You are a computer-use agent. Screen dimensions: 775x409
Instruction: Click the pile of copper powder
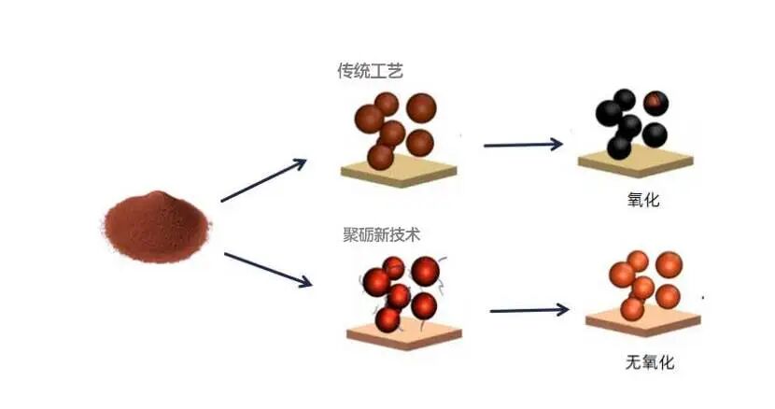[157, 228]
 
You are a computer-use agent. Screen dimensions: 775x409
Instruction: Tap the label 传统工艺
[370, 71]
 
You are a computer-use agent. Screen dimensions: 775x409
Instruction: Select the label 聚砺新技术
[382, 234]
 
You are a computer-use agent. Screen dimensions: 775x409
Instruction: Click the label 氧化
[643, 200]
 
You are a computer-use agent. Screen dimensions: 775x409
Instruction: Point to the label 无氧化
[650, 362]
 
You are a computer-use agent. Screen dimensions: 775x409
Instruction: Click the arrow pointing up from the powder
[263, 180]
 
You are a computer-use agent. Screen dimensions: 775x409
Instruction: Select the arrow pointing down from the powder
[268, 270]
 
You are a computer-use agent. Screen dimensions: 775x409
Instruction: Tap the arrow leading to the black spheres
[523, 145]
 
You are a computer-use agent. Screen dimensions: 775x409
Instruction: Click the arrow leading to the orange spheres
[529, 310]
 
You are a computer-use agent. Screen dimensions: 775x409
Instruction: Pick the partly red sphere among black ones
[655, 104]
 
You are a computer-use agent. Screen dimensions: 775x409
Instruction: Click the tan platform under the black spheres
[636, 162]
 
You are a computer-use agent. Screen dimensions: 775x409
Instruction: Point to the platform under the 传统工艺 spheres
[399, 171]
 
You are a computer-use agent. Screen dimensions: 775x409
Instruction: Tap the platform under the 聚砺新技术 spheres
[404, 333]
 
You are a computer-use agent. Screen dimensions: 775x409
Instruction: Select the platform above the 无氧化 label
[643, 321]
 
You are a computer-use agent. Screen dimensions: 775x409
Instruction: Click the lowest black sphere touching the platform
[619, 147]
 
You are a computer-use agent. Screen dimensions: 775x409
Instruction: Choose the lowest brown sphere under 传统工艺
[381, 156]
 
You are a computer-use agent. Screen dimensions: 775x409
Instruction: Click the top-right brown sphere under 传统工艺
[421, 108]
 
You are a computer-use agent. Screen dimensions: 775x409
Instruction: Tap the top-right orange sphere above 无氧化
[669, 265]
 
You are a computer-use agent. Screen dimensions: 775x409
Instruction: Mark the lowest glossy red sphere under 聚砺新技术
[387, 319]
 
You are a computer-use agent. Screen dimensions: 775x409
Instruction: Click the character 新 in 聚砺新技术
[382, 234]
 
